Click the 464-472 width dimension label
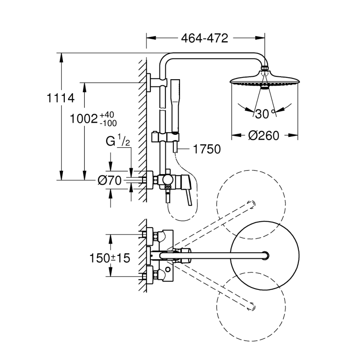[x=204, y=38]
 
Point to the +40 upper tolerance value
[x=104, y=115]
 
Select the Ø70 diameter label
[x=109, y=181]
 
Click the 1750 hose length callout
[x=207, y=149]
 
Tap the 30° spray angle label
[x=264, y=114]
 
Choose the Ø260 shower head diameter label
[x=264, y=136]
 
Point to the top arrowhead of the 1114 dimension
[x=61, y=56]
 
